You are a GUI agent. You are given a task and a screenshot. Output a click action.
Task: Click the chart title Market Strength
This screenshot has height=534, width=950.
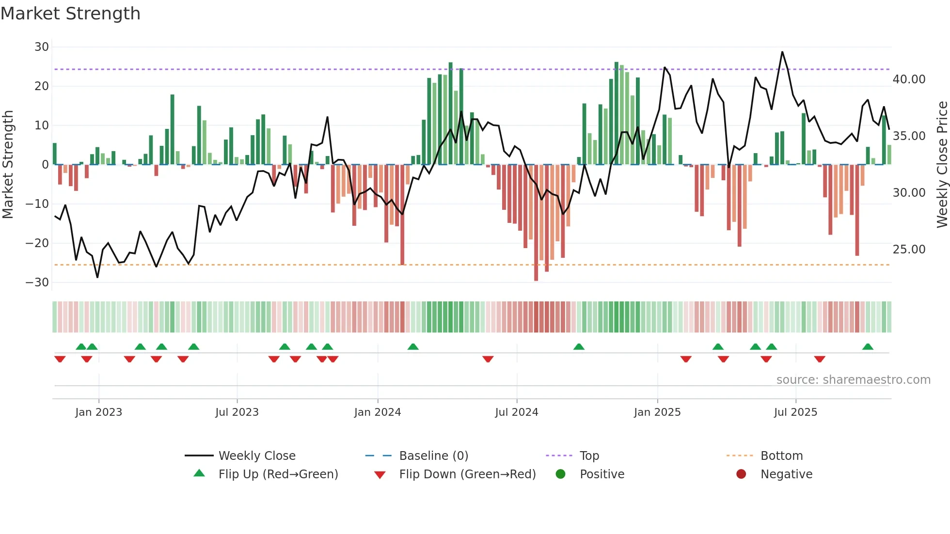tap(70, 14)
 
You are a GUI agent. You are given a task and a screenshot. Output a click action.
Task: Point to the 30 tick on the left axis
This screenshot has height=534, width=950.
tap(42, 47)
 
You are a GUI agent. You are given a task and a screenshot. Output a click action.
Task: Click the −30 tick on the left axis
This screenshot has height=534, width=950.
tap(37, 283)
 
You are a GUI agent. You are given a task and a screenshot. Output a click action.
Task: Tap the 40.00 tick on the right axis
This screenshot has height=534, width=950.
tap(909, 79)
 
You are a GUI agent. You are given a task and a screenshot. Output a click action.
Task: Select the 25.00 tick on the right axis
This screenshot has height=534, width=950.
tap(909, 250)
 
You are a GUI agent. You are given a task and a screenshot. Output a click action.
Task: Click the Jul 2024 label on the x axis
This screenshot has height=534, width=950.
tap(516, 412)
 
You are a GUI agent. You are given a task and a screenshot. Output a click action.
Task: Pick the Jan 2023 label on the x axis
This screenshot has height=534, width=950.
tap(99, 412)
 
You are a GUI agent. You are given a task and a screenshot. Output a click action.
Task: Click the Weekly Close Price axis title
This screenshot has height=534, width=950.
tap(942, 164)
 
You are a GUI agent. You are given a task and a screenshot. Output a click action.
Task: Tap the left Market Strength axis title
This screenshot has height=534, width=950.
tap(8, 164)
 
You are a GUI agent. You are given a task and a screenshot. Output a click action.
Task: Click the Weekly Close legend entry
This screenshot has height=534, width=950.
tap(256, 456)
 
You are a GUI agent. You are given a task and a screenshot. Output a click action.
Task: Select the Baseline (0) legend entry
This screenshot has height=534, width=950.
tap(433, 456)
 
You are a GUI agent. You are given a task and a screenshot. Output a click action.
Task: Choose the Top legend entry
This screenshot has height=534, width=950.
tap(589, 456)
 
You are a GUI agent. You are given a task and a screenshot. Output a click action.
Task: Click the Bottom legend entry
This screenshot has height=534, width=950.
tap(781, 456)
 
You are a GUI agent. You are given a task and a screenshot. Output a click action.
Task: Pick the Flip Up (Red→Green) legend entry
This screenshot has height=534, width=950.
tap(278, 474)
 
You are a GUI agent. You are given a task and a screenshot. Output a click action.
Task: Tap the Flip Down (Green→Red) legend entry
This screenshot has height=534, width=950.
tap(467, 474)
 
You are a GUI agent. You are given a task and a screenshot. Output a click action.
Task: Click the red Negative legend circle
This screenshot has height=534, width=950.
tap(741, 474)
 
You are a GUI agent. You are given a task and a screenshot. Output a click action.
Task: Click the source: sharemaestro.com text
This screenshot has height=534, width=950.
tap(853, 380)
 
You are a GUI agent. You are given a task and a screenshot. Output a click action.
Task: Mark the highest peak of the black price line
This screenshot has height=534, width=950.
tap(782, 52)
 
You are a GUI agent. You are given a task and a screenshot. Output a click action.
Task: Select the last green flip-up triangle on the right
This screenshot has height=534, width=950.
tap(868, 347)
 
